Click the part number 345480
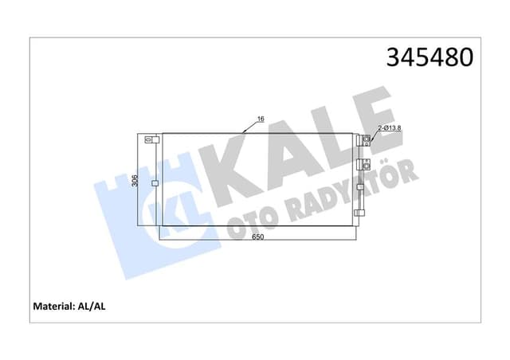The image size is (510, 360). coord(430,57)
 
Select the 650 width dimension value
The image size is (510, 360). coord(257,237)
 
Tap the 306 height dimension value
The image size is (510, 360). coord(135,180)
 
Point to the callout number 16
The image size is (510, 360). coord(260,119)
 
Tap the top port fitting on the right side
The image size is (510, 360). coord(367,141)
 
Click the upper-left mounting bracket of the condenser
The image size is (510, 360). coord(149,139)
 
